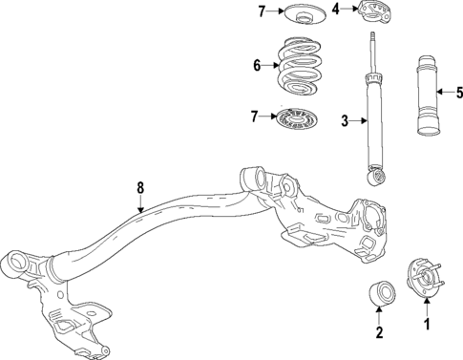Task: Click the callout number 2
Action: (x=378, y=332)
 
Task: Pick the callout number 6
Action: (x=256, y=66)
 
